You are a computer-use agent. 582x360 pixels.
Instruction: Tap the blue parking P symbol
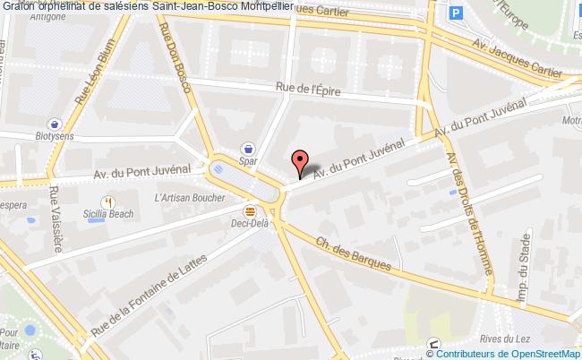click(x=458, y=14)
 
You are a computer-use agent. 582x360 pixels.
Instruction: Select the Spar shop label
click(x=248, y=162)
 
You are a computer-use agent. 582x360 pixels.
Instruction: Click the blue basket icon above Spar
click(x=248, y=149)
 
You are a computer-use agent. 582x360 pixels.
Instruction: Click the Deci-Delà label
click(x=250, y=224)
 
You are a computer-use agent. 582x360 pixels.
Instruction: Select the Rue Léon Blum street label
click(x=88, y=87)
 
